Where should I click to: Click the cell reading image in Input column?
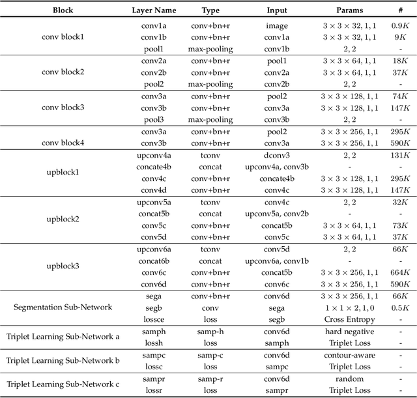276,25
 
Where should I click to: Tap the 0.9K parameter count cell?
399,25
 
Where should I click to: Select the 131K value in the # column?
399,156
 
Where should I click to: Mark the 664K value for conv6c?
399,272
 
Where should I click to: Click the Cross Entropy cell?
349,319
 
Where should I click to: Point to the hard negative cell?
349,332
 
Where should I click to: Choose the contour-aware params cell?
349,356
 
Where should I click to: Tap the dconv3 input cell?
276,156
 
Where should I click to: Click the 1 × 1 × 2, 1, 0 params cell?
349,307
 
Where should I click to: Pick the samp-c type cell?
210,356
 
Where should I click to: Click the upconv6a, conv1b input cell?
276,261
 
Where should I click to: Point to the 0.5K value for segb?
399,307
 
